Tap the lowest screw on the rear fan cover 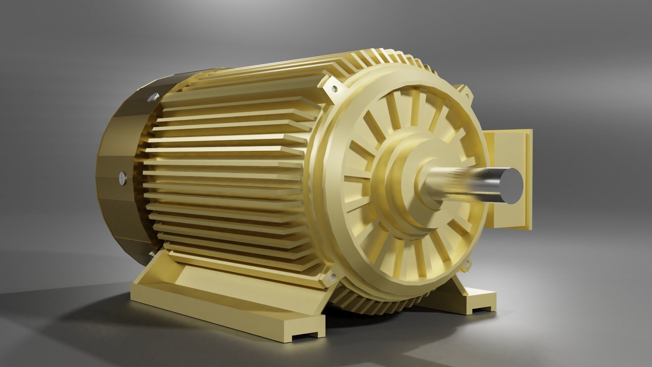pyautogui.click(x=150, y=254)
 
